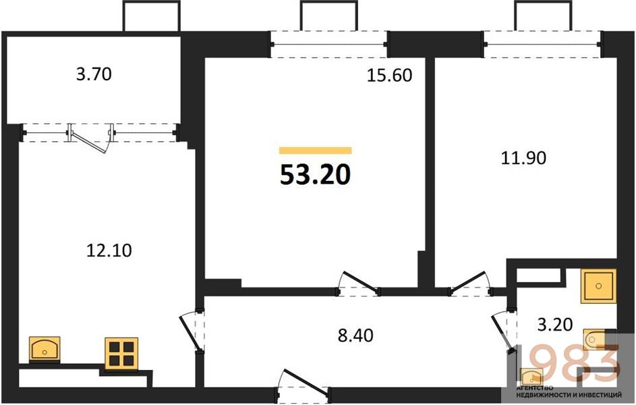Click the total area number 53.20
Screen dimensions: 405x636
pyautogui.click(x=315, y=175)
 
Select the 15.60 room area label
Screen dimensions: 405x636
pyautogui.click(x=389, y=76)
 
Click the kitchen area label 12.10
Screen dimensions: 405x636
pyautogui.click(x=109, y=250)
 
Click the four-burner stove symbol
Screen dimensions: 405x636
pyautogui.click(x=121, y=354)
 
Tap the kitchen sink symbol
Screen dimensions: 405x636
pyautogui.click(x=45, y=350)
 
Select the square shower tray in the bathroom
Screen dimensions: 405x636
pyautogui.click(x=599, y=284)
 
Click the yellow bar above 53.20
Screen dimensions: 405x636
pyautogui.click(x=315, y=151)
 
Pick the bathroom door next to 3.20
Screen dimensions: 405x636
pyautogui.click(x=503, y=330)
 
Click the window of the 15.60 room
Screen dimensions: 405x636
pyautogui.click(x=329, y=45)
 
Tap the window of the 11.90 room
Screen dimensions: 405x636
pyautogui.click(x=542, y=45)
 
